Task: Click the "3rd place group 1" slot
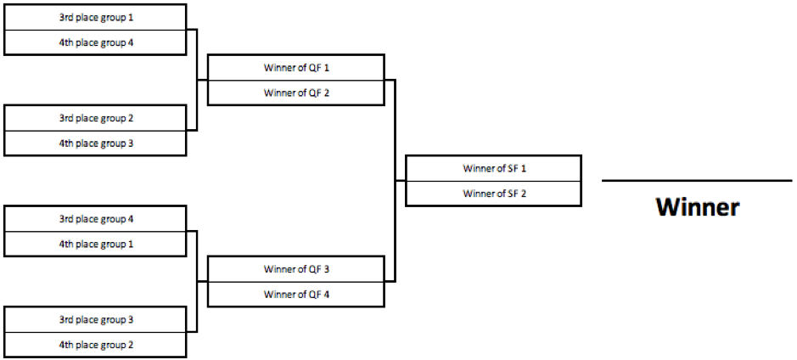tap(95, 17)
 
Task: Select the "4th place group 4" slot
tap(95, 42)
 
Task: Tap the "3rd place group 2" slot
tap(95, 118)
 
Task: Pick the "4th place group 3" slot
tap(95, 143)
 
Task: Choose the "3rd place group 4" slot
tap(95, 219)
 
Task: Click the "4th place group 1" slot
tap(95, 244)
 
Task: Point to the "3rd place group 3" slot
tap(95, 319)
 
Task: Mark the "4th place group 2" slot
tap(95, 345)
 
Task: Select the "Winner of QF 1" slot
tap(296, 68)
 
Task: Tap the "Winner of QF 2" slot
tap(296, 93)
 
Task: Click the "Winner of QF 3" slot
tap(296, 269)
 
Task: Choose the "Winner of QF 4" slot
tap(296, 294)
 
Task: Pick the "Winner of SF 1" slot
tap(493, 168)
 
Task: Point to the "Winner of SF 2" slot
tap(493, 194)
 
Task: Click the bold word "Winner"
tap(698, 207)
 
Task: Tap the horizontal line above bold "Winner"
tap(697, 181)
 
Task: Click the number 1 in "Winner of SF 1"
tap(524, 168)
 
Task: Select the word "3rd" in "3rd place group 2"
tap(66, 118)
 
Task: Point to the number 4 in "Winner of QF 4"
tap(326, 294)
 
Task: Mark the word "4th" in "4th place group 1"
tap(66, 244)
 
